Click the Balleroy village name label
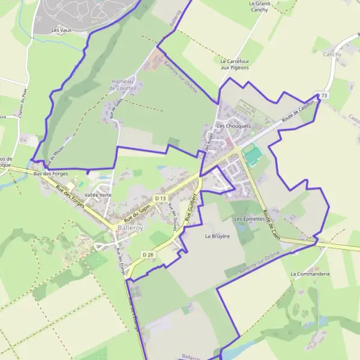(x=130, y=228)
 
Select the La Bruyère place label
(x=217, y=236)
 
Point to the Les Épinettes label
(x=250, y=220)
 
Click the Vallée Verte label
(x=98, y=195)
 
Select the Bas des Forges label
(x=51, y=173)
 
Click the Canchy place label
(x=332, y=55)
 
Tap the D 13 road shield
(x=160, y=198)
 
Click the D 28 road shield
(x=148, y=254)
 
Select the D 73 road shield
(x=323, y=95)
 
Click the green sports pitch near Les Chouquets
(x=253, y=155)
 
